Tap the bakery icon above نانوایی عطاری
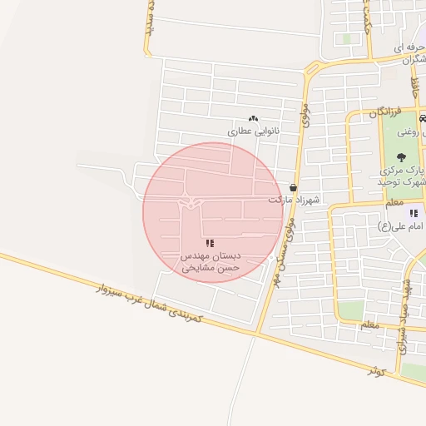pyautogui.click(x=253, y=119)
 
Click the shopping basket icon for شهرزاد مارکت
pyautogui.click(x=294, y=188)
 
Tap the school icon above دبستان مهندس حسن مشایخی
pyautogui.click(x=211, y=243)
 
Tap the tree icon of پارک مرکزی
pyautogui.click(x=401, y=156)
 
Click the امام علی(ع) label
pyautogui.click(x=397, y=225)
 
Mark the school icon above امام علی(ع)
pyautogui.click(x=414, y=213)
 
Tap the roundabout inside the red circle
pyautogui.click(x=191, y=203)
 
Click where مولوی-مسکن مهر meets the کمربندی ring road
pyautogui.click(x=259, y=332)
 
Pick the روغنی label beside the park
pyautogui.click(x=410, y=131)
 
